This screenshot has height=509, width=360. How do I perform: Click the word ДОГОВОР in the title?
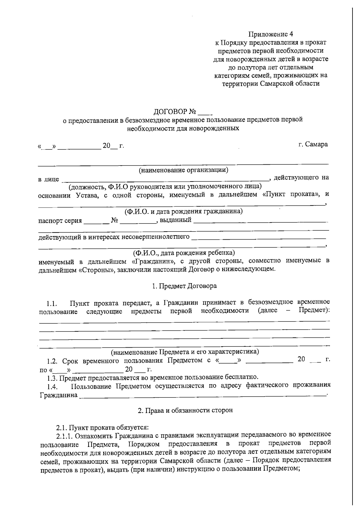[x=170, y=112]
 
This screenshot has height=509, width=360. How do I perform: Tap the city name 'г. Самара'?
[x=313, y=144]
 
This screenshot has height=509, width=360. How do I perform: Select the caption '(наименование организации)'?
[x=183, y=170]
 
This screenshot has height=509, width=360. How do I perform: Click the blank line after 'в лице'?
[x=165, y=180]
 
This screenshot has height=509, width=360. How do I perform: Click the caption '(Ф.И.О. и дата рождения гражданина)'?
[x=184, y=211]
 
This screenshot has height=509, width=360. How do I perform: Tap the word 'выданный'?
[x=175, y=220]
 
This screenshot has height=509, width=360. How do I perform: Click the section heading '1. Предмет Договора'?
[x=184, y=286]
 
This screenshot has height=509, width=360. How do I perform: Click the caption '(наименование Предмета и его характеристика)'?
[x=185, y=352]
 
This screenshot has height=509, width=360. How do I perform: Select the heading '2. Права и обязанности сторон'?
[x=185, y=410]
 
